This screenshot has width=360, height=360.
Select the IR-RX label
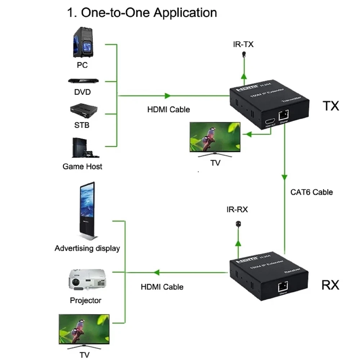click(237, 210)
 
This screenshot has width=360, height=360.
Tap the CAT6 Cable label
click(311, 192)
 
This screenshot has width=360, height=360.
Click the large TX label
click(330, 106)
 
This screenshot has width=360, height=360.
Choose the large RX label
click(330, 285)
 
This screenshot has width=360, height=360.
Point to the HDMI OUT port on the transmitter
click(270, 121)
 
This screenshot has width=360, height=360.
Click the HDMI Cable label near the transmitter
click(168, 109)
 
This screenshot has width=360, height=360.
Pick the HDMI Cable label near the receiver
click(162, 287)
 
